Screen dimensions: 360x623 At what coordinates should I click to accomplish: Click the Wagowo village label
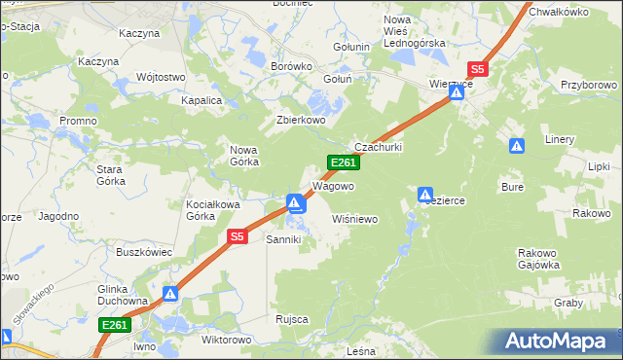point(332,185)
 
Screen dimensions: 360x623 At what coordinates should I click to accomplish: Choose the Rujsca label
point(292,319)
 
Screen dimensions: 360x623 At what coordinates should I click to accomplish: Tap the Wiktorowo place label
point(226,341)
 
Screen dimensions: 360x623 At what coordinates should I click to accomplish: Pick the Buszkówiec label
point(144,252)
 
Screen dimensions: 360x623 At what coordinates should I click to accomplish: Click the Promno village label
point(77,120)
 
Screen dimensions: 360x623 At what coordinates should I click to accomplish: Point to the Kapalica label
point(202,100)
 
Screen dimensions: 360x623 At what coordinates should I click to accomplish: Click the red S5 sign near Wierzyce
point(477,69)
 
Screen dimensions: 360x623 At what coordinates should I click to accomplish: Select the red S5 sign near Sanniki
point(238,236)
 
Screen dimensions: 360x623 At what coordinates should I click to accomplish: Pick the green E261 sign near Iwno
point(114,325)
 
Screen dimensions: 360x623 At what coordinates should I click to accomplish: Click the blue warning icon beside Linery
point(517,146)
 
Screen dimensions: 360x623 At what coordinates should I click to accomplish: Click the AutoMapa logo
point(559,342)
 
